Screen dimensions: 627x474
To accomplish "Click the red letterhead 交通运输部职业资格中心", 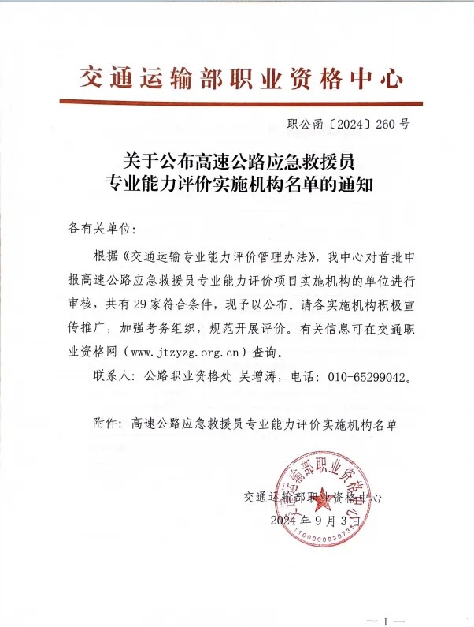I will pyautogui.click(x=242, y=77).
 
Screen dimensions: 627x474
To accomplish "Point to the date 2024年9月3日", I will pyautogui.click(x=318, y=521).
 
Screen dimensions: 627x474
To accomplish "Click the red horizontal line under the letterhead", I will pyautogui.click(x=242, y=101).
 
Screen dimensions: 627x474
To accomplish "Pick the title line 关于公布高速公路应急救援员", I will pyautogui.click(x=241, y=161).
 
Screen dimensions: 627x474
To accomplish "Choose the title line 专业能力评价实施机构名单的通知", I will pyautogui.click(x=241, y=186).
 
